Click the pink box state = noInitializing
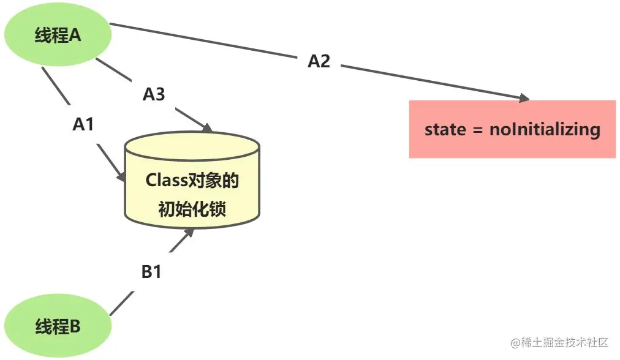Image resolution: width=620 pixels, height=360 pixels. coord(512,129)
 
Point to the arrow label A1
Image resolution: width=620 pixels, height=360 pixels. coord(83,125)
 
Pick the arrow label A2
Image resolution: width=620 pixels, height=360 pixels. coord(319,61)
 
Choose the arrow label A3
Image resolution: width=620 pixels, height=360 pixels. coord(154,94)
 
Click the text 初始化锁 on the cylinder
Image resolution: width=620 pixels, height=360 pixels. coord(192,209)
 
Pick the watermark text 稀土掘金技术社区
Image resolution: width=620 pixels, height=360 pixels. coord(563,341)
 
